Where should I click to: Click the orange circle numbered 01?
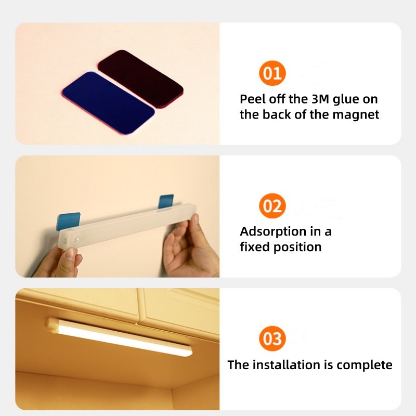pyautogui.click(x=272, y=73)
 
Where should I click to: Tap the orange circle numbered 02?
pyautogui.click(x=272, y=205)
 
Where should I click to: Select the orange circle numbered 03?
pyautogui.click(x=272, y=339)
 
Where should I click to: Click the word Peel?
pyautogui.click(x=252, y=99)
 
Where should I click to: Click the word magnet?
pyautogui.click(x=356, y=114)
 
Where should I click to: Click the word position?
pyautogui.click(x=297, y=248)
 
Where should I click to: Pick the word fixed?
pyautogui.click(x=255, y=246)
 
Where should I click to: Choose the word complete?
pyautogui.click(x=365, y=366)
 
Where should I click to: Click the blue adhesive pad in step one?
pyautogui.click(x=108, y=102)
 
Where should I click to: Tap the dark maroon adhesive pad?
pyautogui.click(x=140, y=79)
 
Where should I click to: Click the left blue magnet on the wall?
pyautogui.click(x=68, y=220)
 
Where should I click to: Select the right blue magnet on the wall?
pyautogui.click(x=166, y=201)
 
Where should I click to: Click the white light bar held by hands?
pyautogui.click(x=128, y=225)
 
